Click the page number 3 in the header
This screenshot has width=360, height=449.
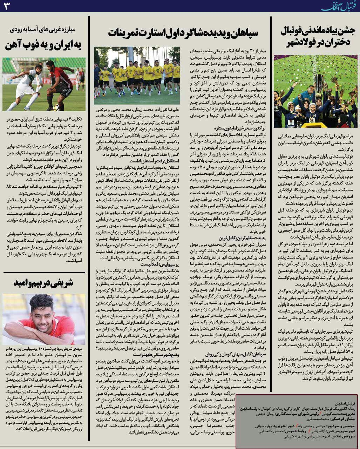pyautogui.click(x=8, y=7)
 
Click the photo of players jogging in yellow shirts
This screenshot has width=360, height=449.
pyautogui.click(x=137, y=75)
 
